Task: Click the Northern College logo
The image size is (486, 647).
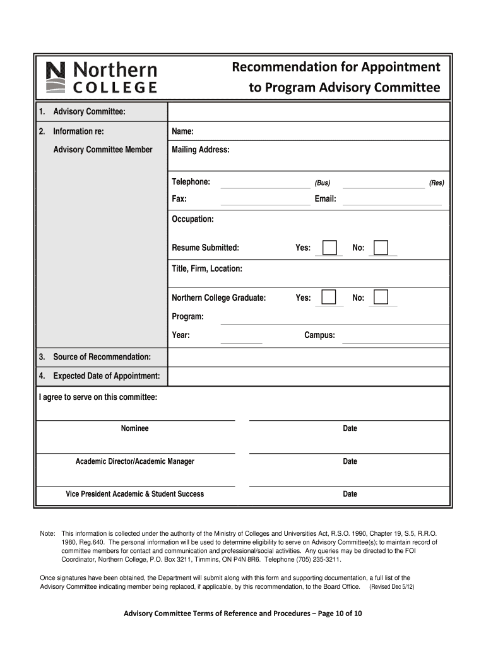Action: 102,77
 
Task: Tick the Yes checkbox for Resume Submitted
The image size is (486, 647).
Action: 329,248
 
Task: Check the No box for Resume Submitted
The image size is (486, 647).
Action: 381,248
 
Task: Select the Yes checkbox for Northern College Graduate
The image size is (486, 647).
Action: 329,297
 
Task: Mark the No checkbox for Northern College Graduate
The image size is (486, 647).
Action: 381,297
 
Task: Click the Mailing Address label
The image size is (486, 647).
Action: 201,150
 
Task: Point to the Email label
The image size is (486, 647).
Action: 325,199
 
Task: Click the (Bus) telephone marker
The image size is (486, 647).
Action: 323,183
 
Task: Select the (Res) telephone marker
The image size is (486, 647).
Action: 436,183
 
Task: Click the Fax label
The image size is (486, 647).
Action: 179,199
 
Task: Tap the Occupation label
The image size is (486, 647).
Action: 193,219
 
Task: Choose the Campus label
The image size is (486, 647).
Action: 319,335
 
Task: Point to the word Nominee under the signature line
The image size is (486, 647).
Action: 135,428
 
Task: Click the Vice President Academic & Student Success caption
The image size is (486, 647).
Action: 135,494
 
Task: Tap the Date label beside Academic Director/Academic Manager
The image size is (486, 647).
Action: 350,461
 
